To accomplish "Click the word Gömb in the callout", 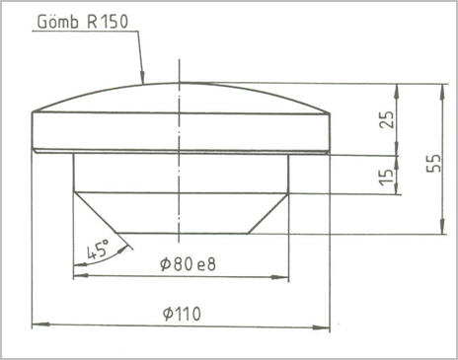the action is pyautogui.click(x=58, y=22).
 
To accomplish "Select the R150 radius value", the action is pyautogui.click(x=108, y=22).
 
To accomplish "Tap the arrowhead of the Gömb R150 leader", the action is pyautogui.click(x=142, y=77).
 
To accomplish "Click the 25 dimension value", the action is pyautogui.click(x=387, y=119).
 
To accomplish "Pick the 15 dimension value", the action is pyautogui.click(x=387, y=177).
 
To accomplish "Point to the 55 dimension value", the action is pyautogui.click(x=433, y=163).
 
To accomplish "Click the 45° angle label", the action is pyautogui.click(x=98, y=250).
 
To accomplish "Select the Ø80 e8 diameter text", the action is pyautogui.click(x=188, y=264).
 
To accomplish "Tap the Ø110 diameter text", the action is pyautogui.click(x=182, y=314).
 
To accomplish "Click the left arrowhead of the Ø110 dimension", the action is pyautogui.click(x=40, y=324).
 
